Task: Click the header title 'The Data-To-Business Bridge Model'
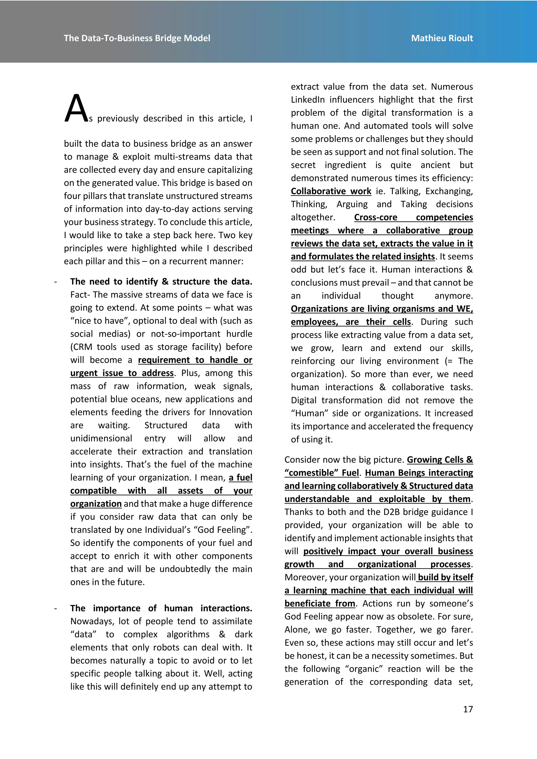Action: [x=137, y=38]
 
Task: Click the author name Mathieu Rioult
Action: [x=442, y=38]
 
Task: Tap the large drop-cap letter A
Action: [x=76, y=109]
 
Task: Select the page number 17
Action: [x=468, y=709]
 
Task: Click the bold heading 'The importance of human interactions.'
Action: [x=161, y=608]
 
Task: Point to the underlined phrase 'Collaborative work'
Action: [x=331, y=191]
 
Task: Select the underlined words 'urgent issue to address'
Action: [x=122, y=373]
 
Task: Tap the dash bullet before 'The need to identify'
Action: [x=56, y=282]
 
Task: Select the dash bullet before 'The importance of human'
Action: [x=56, y=608]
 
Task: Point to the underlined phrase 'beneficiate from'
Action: [x=319, y=603]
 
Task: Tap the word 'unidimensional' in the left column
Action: [x=101, y=438]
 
